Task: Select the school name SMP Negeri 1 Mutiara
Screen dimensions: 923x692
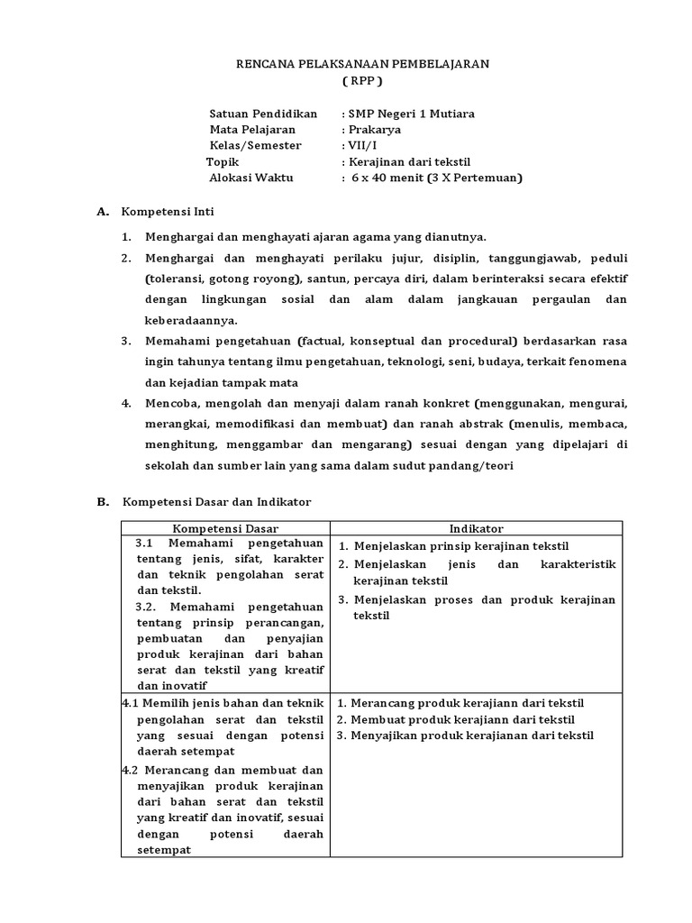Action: pyautogui.click(x=411, y=114)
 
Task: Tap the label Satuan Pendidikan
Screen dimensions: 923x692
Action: pyautogui.click(x=263, y=114)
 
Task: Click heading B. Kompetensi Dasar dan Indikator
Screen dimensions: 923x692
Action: pyautogui.click(x=215, y=502)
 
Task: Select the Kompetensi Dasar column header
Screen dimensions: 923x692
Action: pyautogui.click(x=225, y=528)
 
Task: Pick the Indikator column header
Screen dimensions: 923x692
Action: pyautogui.click(x=477, y=528)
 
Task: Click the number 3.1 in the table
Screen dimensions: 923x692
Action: pyautogui.click(x=146, y=544)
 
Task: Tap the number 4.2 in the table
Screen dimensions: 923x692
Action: pyautogui.click(x=130, y=771)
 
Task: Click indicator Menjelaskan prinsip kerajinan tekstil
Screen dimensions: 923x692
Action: pyautogui.click(x=461, y=546)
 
